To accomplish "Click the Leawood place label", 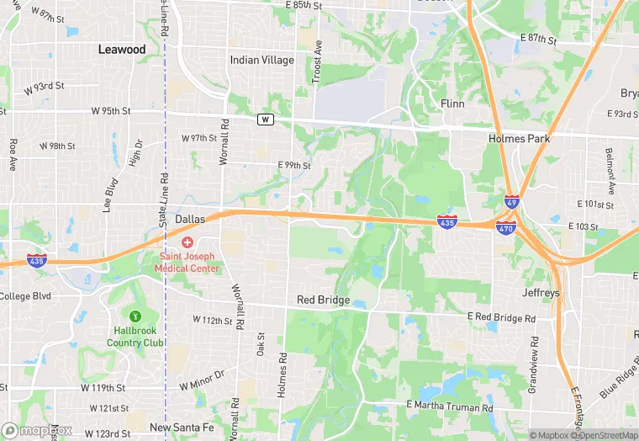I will coord(122,50).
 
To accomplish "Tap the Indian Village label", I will coord(262,61).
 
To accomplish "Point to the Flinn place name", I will coord(452,103).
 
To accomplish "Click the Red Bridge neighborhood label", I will coord(323,300).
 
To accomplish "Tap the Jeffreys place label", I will coord(541,294).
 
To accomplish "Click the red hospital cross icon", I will coord(187,242).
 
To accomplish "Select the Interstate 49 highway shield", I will coord(513,203).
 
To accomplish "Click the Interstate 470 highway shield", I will coord(506,228).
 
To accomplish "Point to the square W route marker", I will coord(266,120).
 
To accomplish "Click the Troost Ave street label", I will coord(318,56).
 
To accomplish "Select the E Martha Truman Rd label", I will coord(449,406).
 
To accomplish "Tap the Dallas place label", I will coord(190,219).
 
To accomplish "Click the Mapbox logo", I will coord(38,430).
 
